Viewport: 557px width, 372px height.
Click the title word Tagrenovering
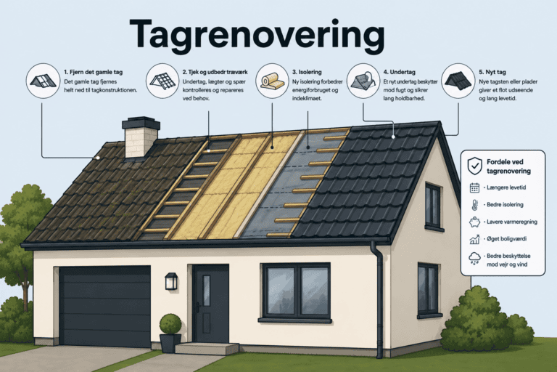point(257,36)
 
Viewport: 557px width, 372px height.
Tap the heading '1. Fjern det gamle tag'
point(94,72)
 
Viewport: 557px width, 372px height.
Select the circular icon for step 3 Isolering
point(273,81)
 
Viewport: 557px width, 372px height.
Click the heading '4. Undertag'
point(400,72)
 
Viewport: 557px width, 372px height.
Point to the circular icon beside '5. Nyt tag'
point(458,81)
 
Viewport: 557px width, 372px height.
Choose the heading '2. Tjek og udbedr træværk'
point(215,72)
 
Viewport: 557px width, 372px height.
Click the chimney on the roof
point(141,137)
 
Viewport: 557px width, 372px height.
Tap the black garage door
point(105,306)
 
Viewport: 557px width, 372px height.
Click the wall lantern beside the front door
point(171,281)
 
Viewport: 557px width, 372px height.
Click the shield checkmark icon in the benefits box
point(474,166)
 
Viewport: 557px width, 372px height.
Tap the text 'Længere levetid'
point(506,187)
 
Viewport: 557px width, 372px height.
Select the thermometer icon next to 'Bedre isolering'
point(474,205)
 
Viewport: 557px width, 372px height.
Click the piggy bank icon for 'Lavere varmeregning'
point(474,222)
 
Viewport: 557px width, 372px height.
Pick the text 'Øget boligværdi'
point(506,238)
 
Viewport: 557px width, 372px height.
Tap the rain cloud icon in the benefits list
point(474,258)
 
